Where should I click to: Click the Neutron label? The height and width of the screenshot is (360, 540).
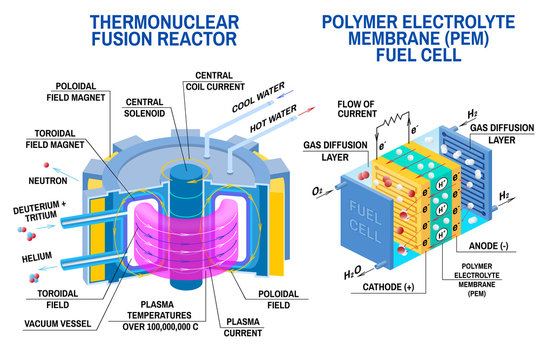click(47, 180)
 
